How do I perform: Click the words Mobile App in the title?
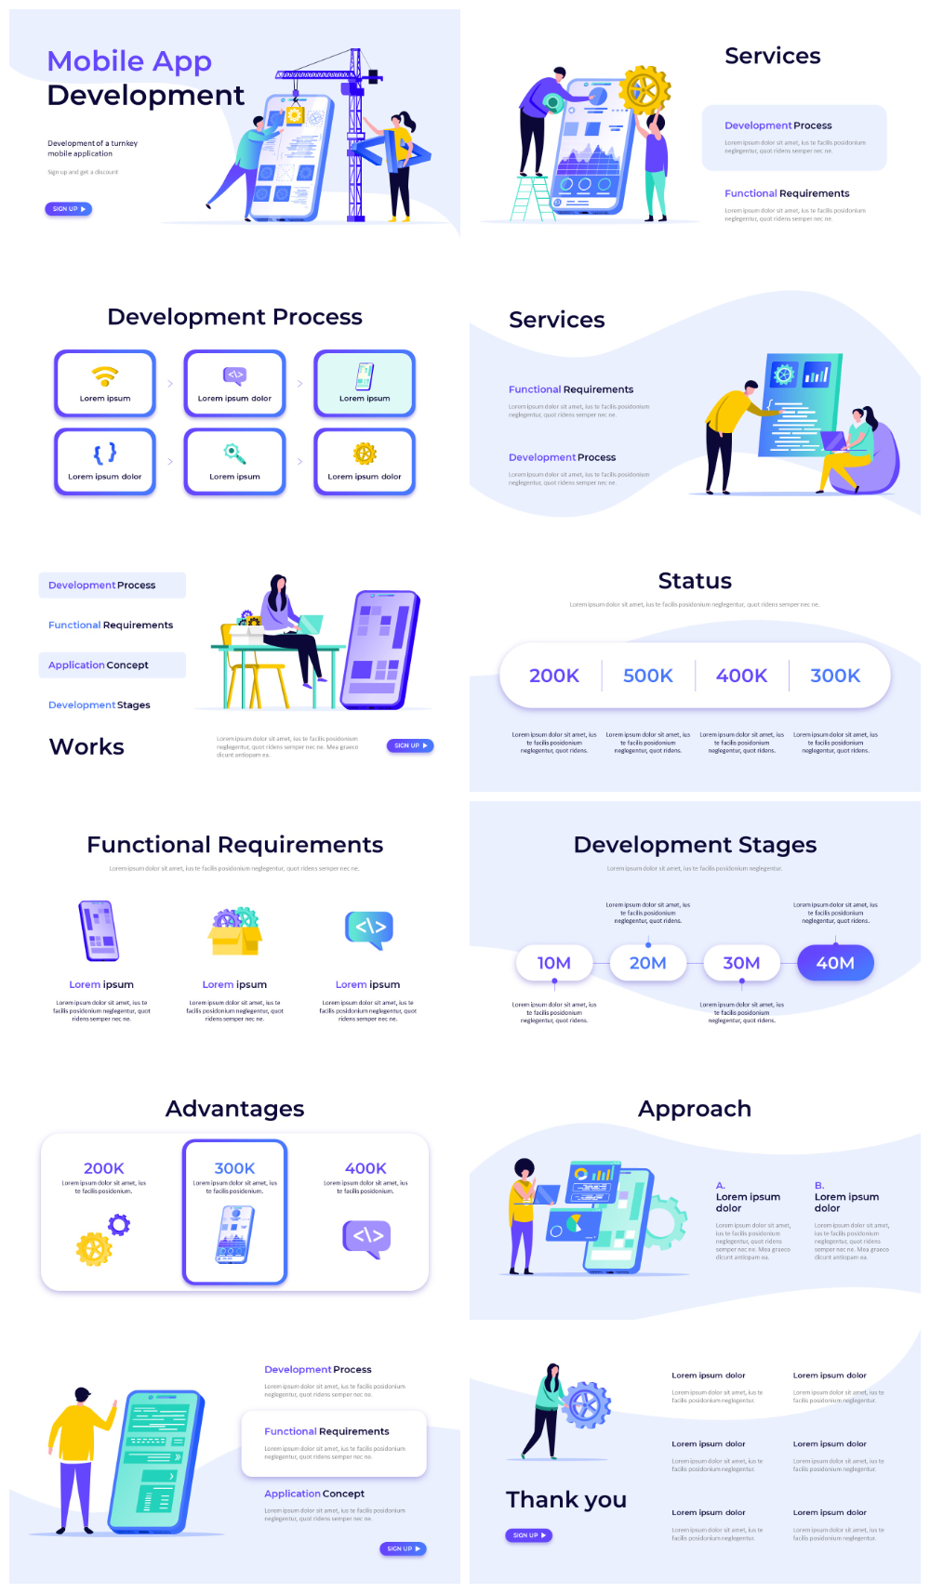pyautogui.click(x=129, y=61)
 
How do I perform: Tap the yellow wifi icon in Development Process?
pyautogui.click(x=105, y=375)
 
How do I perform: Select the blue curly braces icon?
pyautogui.click(x=105, y=453)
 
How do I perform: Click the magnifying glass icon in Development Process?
pyautogui.click(x=234, y=454)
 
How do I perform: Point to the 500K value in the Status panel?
pyautogui.click(x=647, y=676)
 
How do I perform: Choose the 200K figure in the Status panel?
pyautogui.click(x=554, y=676)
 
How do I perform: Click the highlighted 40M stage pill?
pyautogui.click(x=835, y=963)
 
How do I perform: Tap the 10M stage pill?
pyautogui.click(x=554, y=963)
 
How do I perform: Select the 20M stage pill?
pyautogui.click(x=647, y=963)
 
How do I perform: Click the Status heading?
pyautogui.click(x=695, y=581)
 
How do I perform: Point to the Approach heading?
pyautogui.click(x=695, y=1109)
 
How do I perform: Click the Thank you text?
pyautogui.click(x=566, y=1499)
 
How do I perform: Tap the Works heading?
pyautogui.click(x=86, y=746)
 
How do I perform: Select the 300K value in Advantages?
pyautogui.click(x=234, y=1168)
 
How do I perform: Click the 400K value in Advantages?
pyautogui.click(x=365, y=1168)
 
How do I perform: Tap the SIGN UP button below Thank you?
pyautogui.click(x=529, y=1535)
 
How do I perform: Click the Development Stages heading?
pyautogui.click(x=695, y=845)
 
